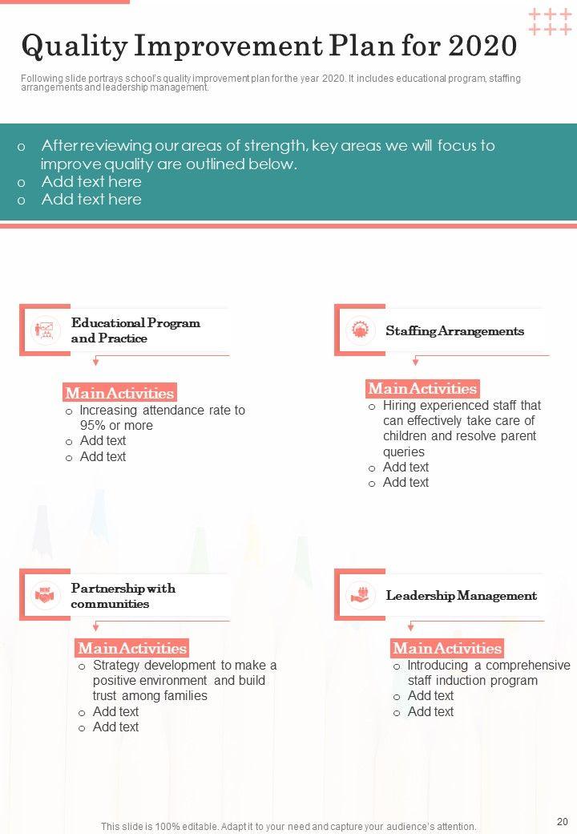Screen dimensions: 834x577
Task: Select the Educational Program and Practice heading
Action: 135,330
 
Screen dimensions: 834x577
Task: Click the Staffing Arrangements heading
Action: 454,330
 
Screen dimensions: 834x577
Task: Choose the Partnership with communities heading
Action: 123,596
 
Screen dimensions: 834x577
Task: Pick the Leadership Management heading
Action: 461,596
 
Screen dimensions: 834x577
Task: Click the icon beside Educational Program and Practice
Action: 45,330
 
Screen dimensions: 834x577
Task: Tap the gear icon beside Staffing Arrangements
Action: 360,330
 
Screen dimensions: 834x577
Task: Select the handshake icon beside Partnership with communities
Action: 45,596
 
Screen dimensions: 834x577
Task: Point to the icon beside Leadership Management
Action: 360,596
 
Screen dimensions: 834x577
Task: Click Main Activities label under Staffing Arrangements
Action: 422,389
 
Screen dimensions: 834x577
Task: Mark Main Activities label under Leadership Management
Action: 447,648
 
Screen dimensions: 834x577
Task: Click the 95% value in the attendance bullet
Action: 93,426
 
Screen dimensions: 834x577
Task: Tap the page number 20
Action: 562,821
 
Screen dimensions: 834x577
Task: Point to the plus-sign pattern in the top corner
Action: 550,22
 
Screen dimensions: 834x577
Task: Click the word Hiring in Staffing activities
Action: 399,406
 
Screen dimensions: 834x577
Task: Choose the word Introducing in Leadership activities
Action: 439,666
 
